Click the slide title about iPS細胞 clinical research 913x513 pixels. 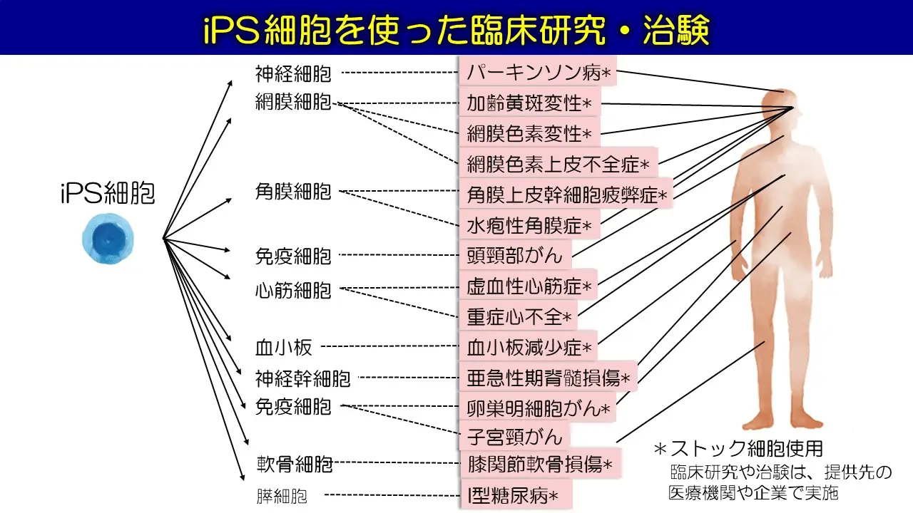pos(456,29)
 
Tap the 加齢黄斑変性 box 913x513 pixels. pos(529,103)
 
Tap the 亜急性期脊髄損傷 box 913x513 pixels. pos(548,378)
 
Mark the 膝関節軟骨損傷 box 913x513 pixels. pos(539,465)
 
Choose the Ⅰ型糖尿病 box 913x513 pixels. pos(512,495)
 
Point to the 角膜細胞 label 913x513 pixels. pos(293,192)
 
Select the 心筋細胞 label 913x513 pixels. pos(293,290)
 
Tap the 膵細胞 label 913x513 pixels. pos(282,496)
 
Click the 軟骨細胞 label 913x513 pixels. pos(294,465)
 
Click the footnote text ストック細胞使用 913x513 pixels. pos(739,448)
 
